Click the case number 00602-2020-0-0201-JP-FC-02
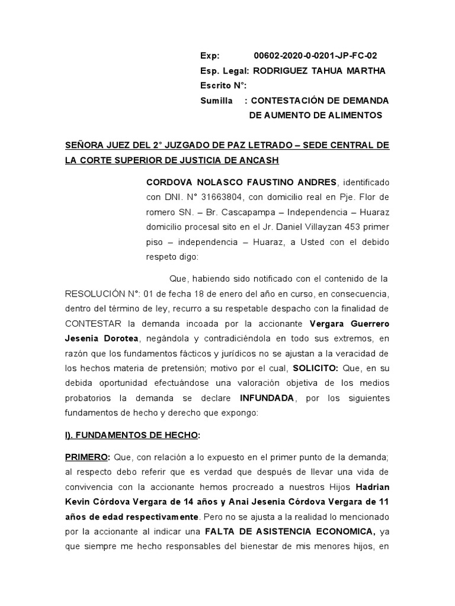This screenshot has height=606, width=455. [315, 56]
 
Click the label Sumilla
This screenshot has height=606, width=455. [216, 101]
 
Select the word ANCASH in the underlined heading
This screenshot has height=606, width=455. [254, 160]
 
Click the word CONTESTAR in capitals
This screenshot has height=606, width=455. [92, 324]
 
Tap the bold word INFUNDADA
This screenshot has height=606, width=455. [267, 398]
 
